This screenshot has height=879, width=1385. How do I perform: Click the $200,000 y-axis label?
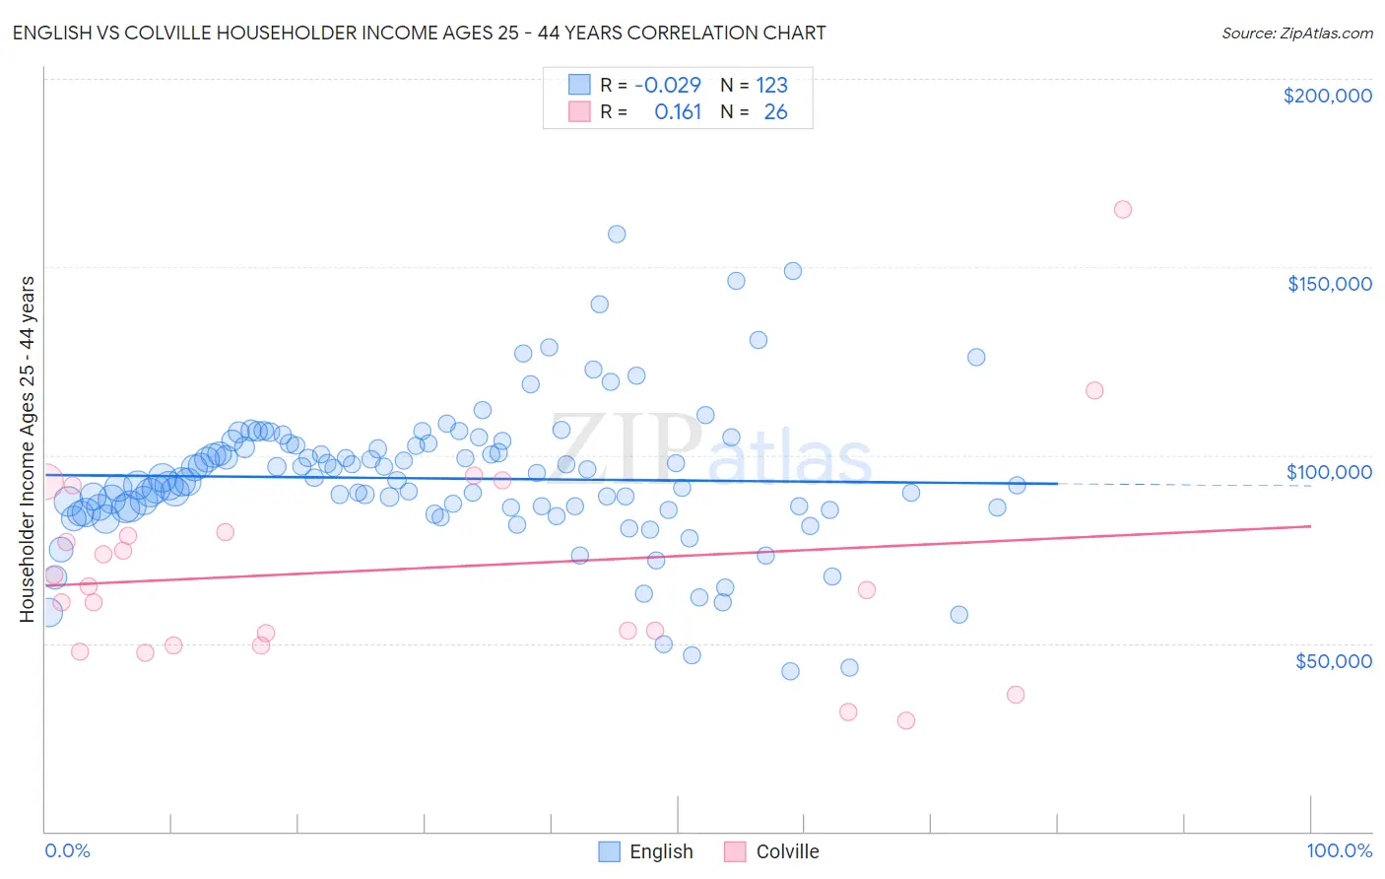click(1327, 96)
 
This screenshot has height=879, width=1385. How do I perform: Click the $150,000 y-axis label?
click(1329, 284)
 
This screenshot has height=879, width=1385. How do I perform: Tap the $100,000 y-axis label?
click(1329, 472)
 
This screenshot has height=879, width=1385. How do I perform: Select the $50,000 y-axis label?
click(1333, 660)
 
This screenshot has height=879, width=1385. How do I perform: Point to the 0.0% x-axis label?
click(67, 850)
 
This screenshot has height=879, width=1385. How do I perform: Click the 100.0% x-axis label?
click(1339, 850)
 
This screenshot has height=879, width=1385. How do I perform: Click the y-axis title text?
click(27, 449)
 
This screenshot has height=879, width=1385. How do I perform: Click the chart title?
click(419, 33)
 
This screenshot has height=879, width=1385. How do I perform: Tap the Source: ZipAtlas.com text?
click(1296, 33)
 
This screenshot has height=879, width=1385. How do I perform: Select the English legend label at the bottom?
click(661, 851)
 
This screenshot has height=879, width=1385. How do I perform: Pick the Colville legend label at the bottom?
click(787, 851)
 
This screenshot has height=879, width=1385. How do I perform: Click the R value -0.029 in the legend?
click(668, 85)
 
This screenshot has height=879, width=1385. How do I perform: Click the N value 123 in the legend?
click(771, 85)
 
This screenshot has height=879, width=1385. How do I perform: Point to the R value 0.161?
click(678, 112)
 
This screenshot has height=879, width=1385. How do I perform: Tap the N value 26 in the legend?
click(775, 112)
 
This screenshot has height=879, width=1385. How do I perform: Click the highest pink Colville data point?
click(1122, 209)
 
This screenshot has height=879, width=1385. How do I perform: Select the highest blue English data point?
click(617, 234)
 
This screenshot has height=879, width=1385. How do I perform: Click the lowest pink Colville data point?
click(906, 720)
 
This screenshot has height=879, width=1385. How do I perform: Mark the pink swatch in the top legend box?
click(579, 112)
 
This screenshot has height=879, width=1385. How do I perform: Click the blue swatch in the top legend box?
click(579, 85)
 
